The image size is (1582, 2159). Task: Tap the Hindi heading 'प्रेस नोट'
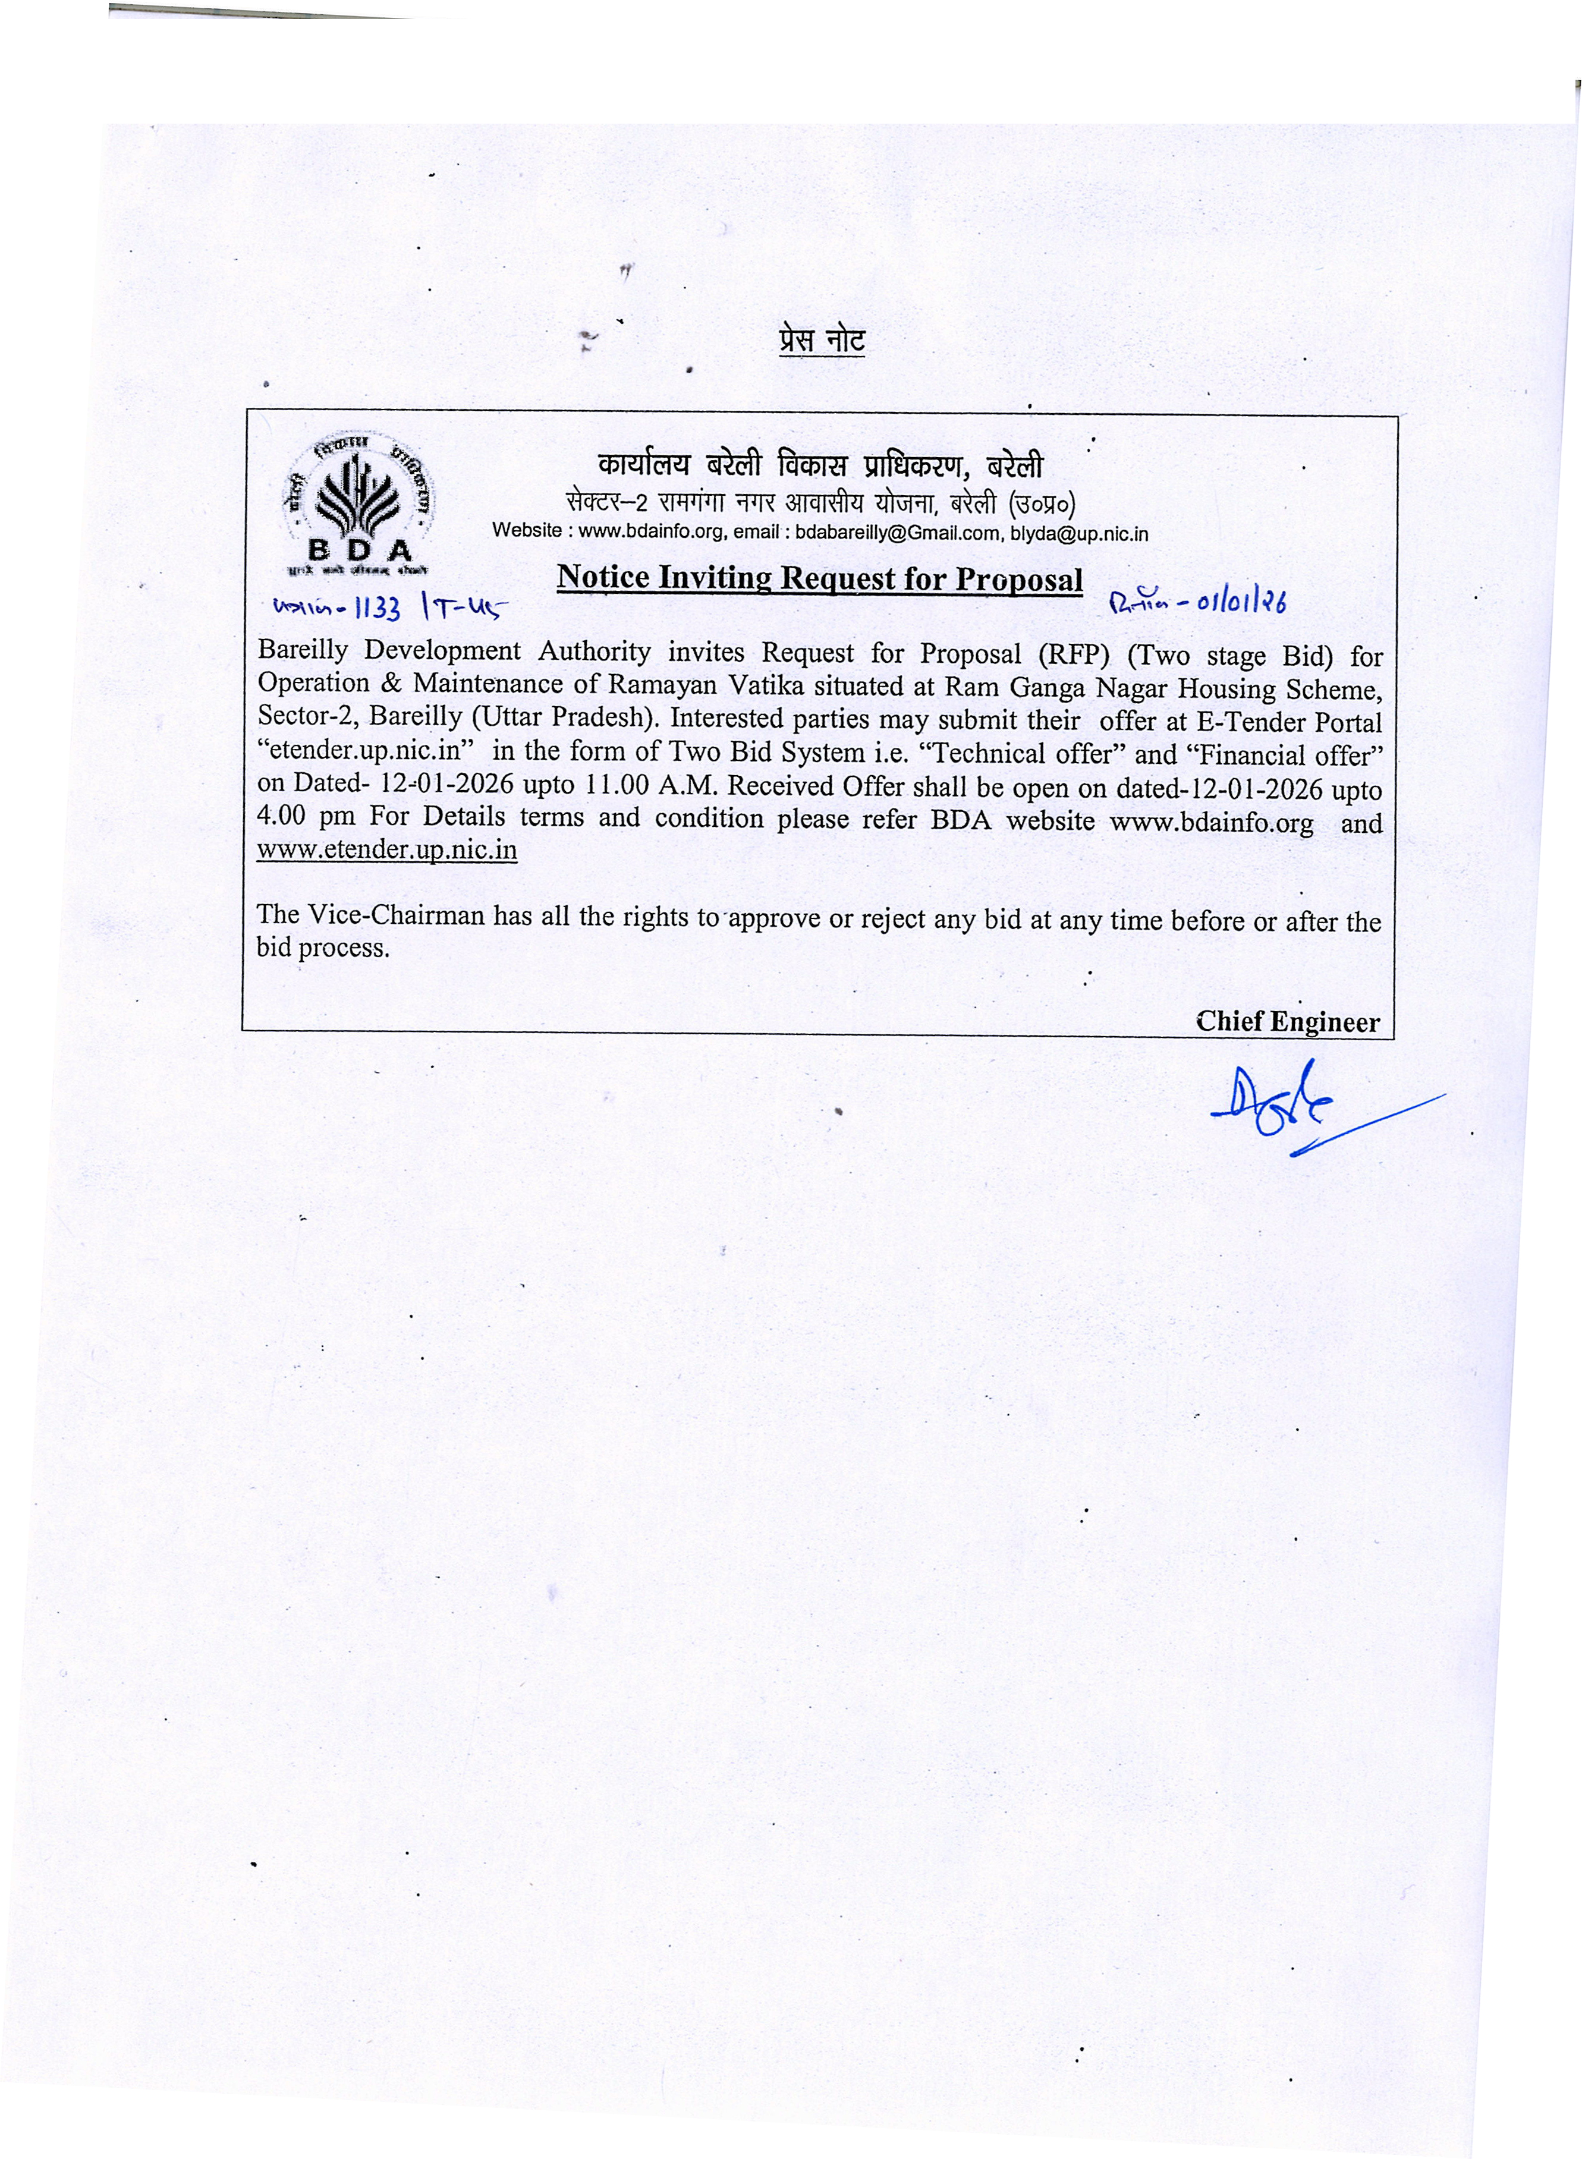click(x=822, y=342)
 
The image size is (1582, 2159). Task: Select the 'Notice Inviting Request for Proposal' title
click(x=820, y=579)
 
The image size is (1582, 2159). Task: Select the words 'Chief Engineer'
click(x=1287, y=1022)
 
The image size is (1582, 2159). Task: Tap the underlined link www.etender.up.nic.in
click(x=387, y=850)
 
